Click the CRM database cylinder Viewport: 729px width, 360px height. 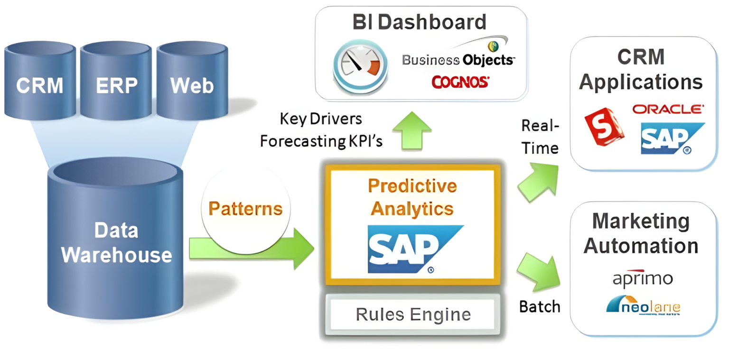coord(40,83)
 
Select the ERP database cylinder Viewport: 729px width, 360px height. coord(116,83)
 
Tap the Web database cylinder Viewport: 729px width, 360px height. coord(192,83)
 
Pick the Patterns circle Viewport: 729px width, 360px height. coord(245,209)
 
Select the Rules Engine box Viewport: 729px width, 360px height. coord(412,314)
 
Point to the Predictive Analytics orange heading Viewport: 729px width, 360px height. coord(412,197)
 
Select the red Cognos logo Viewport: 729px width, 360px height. coord(459,82)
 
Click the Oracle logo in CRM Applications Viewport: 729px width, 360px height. coord(668,109)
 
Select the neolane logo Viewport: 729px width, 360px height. coord(643,305)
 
